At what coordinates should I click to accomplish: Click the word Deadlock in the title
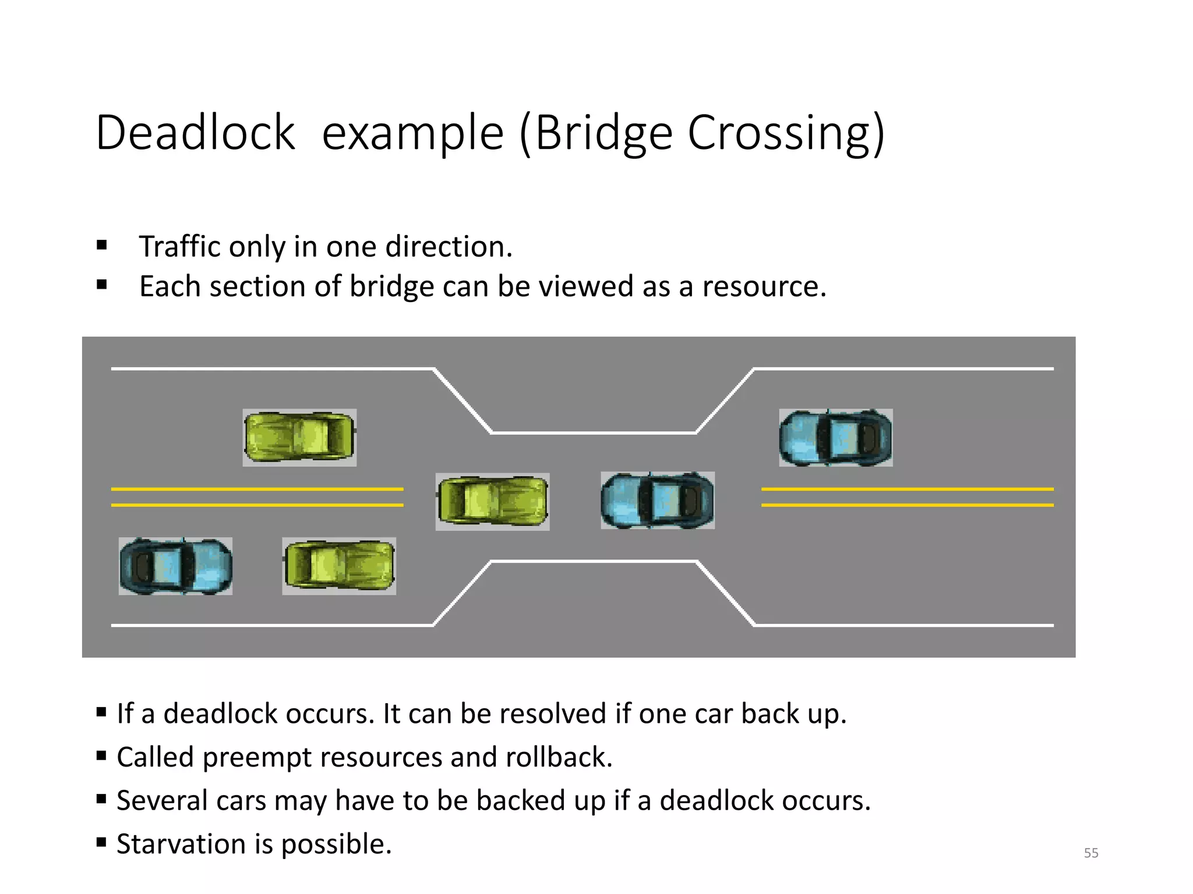[195, 133]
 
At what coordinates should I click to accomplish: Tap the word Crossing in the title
[781, 134]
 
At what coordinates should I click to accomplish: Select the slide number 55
[1091, 853]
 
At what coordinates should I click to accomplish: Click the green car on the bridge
[492, 501]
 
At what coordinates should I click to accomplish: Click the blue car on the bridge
[657, 501]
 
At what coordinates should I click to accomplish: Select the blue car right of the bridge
[835, 438]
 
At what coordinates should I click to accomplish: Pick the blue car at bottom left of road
[175, 566]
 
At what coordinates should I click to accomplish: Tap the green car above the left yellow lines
[299, 437]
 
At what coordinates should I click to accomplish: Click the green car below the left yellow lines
[339, 566]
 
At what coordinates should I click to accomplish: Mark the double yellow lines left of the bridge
[257, 497]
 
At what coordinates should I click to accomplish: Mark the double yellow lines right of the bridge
[907, 497]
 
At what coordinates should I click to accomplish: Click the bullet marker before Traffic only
[102, 246]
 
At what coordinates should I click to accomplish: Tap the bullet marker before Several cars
[101, 799]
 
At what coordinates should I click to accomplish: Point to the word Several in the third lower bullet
[161, 800]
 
